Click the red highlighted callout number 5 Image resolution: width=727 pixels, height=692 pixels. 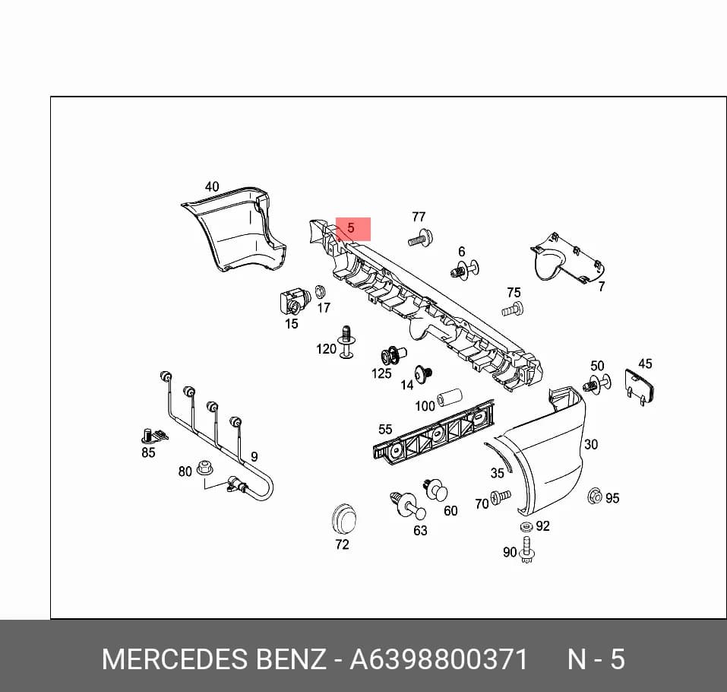[x=350, y=228]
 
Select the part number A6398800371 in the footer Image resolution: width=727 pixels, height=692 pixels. [x=438, y=659]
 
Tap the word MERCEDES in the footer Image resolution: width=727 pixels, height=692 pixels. [x=174, y=659]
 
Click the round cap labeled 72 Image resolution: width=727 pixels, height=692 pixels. [x=344, y=518]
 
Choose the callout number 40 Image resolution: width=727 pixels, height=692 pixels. [x=212, y=186]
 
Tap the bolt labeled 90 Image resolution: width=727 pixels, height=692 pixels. [x=527, y=550]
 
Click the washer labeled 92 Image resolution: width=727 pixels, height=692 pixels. [x=526, y=526]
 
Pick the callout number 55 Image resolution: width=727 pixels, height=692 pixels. [x=385, y=430]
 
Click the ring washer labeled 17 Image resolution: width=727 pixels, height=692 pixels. [x=320, y=292]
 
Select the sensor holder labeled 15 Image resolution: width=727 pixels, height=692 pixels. [x=295, y=301]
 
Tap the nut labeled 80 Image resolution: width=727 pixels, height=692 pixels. [x=204, y=468]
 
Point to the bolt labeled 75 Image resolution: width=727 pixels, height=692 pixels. [x=512, y=309]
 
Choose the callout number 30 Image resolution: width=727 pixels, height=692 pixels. [x=591, y=444]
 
